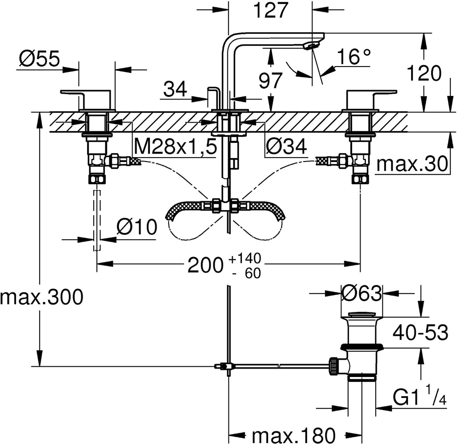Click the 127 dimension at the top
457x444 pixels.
[271, 10]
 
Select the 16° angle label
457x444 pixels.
[354, 57]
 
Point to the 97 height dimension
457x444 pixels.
[270, 80]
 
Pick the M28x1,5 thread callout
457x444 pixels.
[176, 146]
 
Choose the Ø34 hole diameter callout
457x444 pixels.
[286, 146]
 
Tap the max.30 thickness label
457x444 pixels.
[412, 164]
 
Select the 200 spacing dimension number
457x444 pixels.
[205, 266]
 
